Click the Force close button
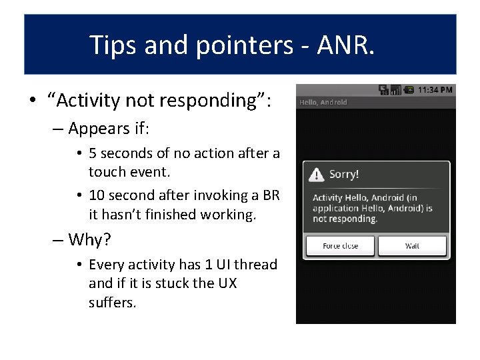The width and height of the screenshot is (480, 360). (340, 246)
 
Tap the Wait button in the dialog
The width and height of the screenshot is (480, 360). (412, 246)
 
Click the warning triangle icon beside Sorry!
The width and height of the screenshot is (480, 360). (316, 175)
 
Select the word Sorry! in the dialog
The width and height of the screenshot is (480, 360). (344, 175)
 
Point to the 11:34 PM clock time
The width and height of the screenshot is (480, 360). (435, 90)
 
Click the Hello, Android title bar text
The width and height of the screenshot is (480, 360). (323, 102)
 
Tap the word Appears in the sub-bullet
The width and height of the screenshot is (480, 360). (97, 128)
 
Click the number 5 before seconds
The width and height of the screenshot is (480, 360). (93, 153)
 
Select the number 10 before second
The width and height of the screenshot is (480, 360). (97, 196)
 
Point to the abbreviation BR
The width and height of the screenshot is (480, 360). (271, 196)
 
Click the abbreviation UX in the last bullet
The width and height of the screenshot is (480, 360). (227, 283)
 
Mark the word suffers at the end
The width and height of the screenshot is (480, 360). (111, 303)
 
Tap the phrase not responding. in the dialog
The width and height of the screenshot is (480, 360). (345, 219)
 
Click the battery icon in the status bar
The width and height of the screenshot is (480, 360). (409, 90)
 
